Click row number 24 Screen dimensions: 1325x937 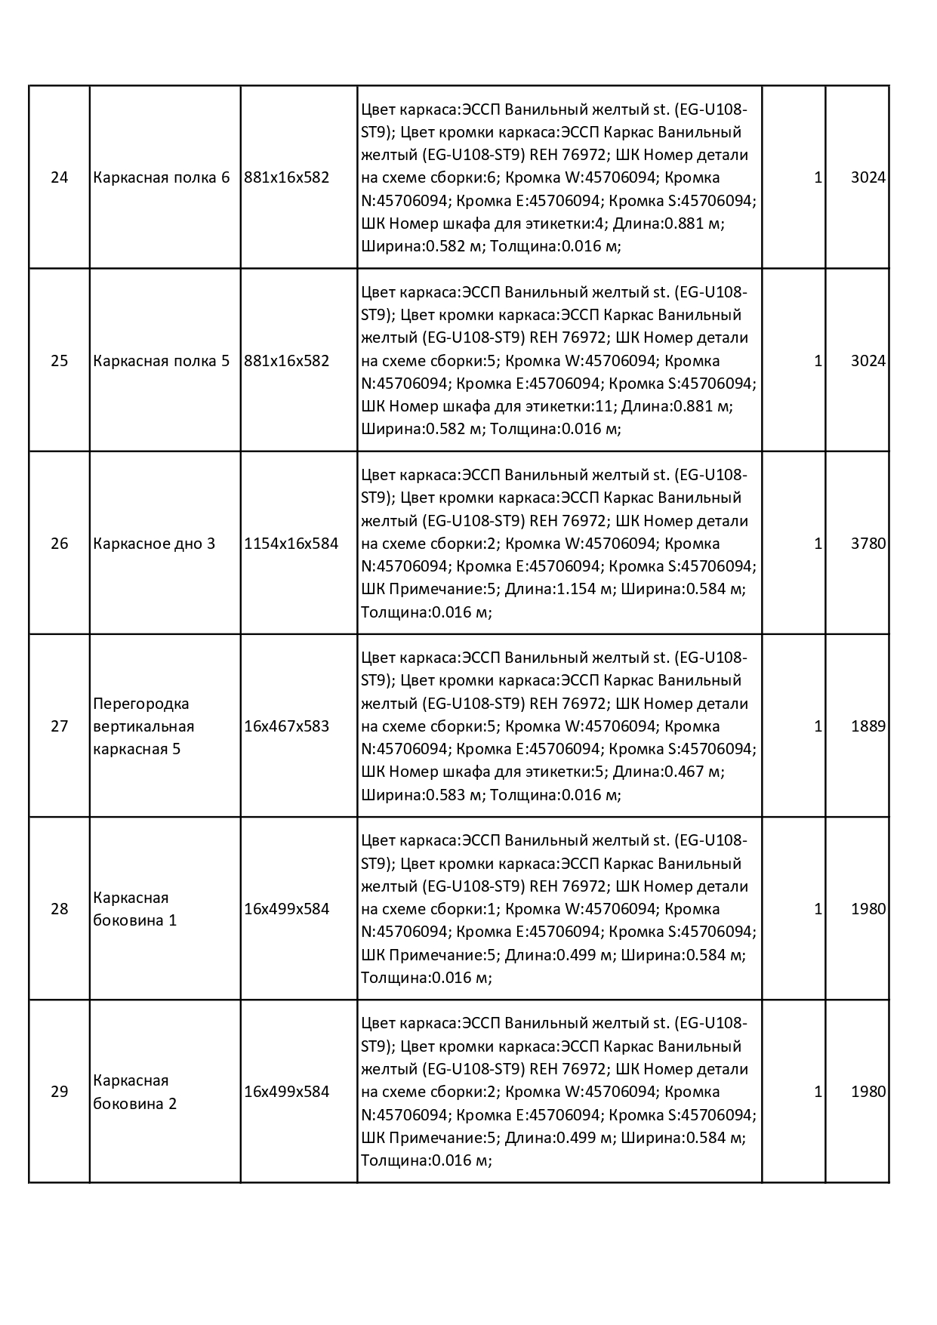[59, 178]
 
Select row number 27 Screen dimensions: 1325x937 [59, 726]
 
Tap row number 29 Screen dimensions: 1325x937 [59, 1092]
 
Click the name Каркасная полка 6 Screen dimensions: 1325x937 [162, 178]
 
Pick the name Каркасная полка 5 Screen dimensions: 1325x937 [162, 361]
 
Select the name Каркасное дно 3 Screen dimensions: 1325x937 [154, 544]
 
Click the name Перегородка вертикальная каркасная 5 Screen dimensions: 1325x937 [143, 726]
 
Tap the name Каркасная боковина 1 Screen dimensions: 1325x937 [135, 909]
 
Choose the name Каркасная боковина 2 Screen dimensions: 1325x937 [135, 1092]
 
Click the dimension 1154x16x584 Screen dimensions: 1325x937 [291, 544]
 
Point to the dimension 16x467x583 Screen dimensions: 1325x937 [287, 726]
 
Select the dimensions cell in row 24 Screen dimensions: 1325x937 [287, 178]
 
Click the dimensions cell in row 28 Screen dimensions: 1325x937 [287, 909]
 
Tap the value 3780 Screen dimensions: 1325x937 [868, 544]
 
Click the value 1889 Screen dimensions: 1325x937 [868, 726]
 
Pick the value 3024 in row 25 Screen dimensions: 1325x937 [868, 361]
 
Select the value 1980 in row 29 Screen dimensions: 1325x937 [868, 1092]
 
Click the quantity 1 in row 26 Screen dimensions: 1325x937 [818, 544]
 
